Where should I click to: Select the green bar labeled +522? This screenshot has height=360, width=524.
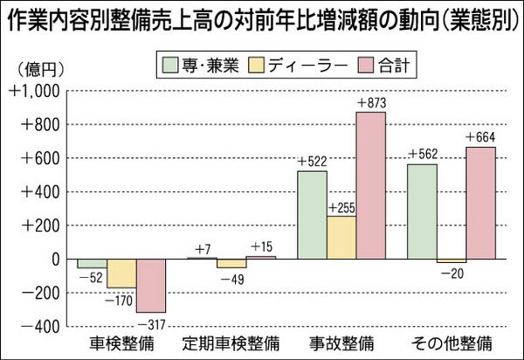tap(313, 215)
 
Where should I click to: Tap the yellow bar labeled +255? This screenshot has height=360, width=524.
tap(342, 238)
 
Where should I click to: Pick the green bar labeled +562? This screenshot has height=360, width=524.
tap(422, 211)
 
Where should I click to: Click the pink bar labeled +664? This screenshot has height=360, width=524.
tap(480, 203)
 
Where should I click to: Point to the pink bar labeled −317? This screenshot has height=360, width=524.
tap(151, 286)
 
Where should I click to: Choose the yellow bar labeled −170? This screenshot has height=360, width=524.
tap(121, 273)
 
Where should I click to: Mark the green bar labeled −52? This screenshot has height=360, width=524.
tap(92, 264)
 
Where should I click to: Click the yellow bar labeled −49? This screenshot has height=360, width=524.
tap(231, 263)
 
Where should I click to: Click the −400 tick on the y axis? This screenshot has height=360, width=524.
tap(39, 326)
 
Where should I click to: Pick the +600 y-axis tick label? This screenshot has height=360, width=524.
tap(39, 159)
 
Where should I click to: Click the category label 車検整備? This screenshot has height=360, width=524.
tap(121, 341)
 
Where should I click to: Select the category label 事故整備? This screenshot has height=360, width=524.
tap(342, 341)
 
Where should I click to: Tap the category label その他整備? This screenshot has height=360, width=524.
tap(452, 341)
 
